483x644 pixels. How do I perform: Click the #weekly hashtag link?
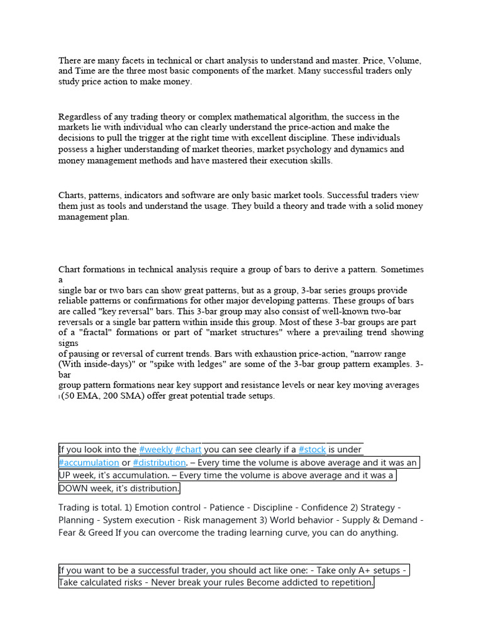156,450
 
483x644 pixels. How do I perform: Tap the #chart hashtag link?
188,450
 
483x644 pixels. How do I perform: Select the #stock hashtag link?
311,450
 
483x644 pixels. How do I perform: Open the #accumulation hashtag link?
89,463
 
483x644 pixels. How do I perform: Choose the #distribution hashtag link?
159,463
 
